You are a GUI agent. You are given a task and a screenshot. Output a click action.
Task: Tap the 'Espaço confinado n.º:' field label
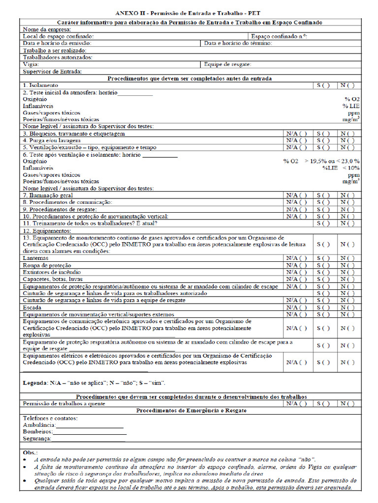[279, 36]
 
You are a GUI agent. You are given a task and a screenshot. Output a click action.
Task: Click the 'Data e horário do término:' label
[238, 43]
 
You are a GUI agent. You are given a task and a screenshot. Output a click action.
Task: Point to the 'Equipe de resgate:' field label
[228, 64]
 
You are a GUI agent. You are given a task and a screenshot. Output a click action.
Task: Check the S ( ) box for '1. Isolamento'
[323, 85]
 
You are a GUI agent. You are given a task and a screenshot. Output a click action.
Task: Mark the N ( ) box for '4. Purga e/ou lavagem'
[347, 140]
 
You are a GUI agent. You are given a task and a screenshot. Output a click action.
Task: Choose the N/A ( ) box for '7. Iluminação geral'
[297, 195]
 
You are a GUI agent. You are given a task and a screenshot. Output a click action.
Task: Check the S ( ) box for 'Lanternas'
[323, 258]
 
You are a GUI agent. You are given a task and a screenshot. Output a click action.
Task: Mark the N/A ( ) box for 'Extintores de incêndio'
[297, 272]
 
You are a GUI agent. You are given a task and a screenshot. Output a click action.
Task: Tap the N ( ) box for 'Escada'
[347, 307]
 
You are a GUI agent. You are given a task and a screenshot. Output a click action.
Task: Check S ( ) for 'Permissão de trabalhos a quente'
[323, 404]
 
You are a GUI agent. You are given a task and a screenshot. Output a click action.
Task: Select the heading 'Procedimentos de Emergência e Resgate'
[191, 410]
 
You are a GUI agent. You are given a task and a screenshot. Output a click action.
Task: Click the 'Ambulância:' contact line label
[39, 425]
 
